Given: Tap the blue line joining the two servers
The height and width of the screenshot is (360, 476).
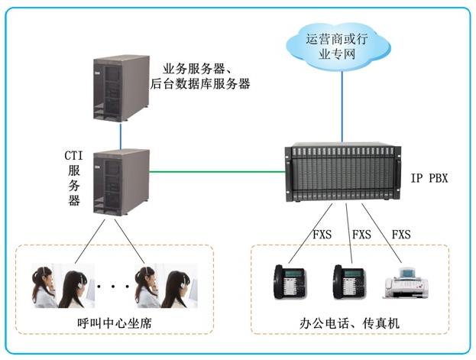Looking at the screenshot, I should (121, 136).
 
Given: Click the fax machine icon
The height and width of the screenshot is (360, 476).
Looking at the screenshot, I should (406, 284).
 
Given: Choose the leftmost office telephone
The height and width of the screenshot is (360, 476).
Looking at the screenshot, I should (290, 282).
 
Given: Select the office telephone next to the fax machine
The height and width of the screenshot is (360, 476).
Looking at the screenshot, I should (348, 282).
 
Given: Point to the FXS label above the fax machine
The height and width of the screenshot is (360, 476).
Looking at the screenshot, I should (400, 234).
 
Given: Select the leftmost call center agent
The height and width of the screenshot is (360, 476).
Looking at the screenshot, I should (44, 287).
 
